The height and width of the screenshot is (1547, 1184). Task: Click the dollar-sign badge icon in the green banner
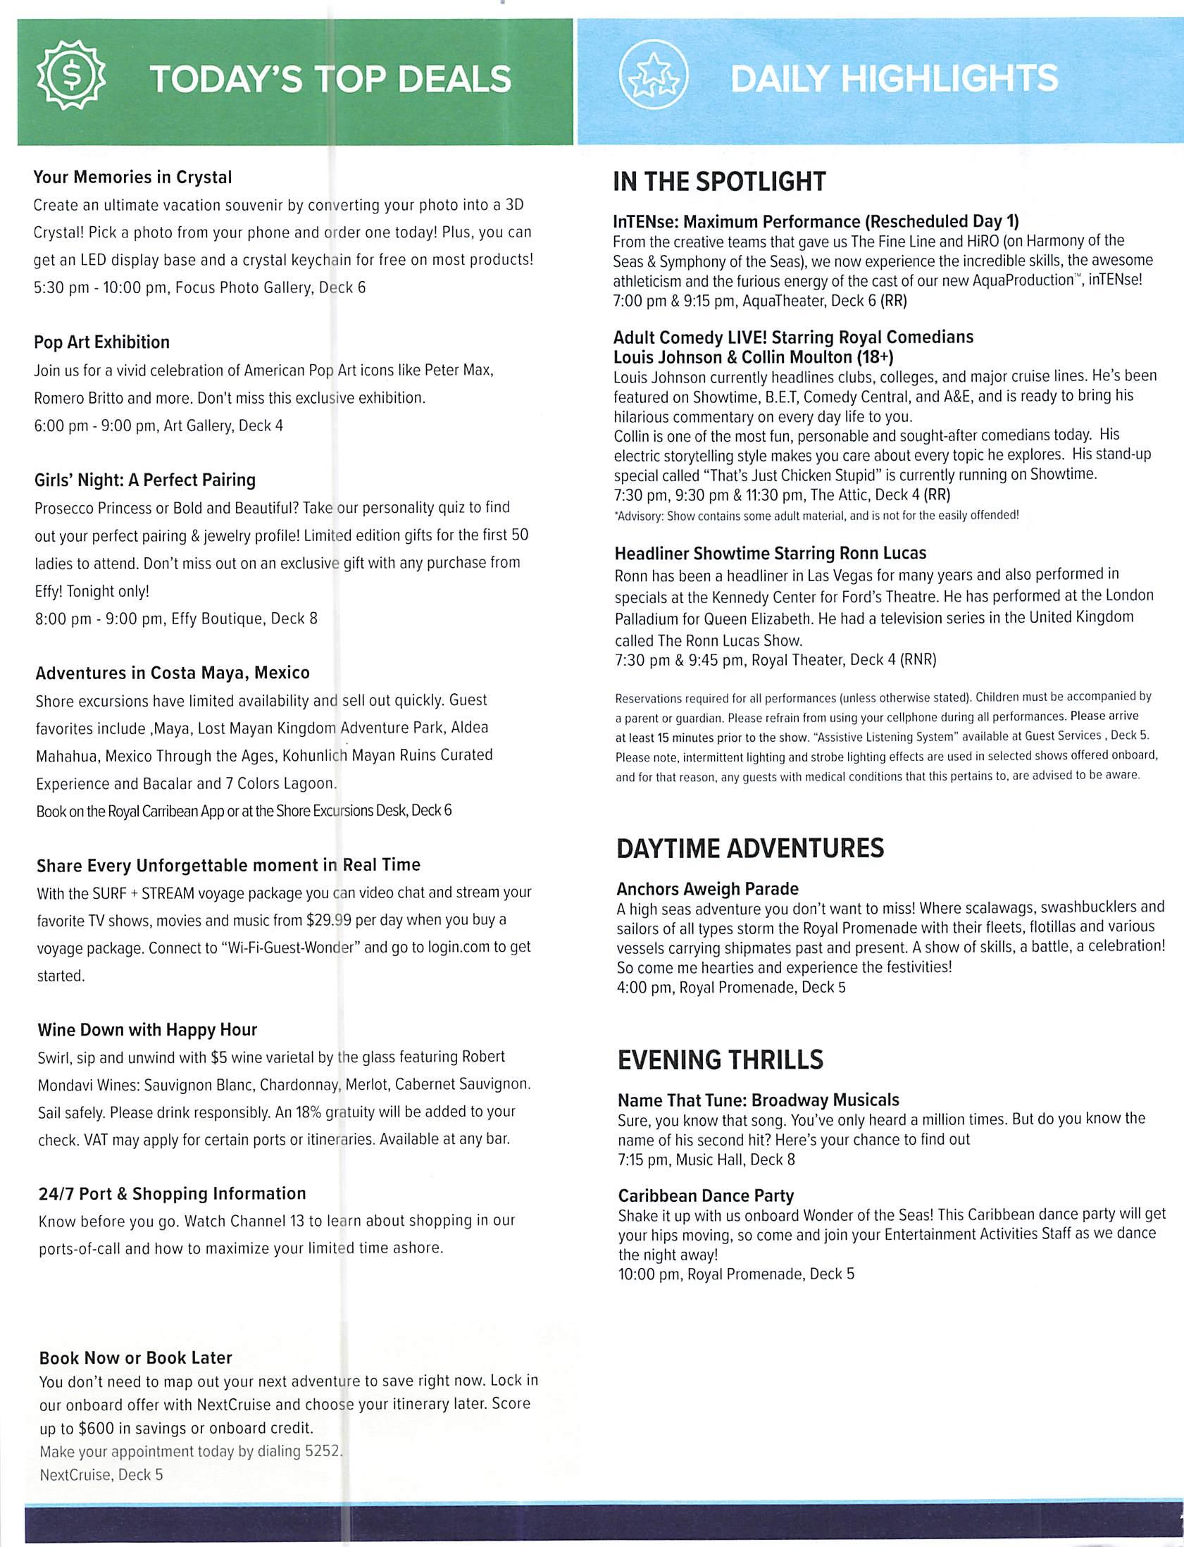70,77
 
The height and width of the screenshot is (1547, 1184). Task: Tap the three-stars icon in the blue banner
653,77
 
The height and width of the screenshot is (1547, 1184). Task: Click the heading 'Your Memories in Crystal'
132,177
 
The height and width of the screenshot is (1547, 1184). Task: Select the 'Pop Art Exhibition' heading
101,342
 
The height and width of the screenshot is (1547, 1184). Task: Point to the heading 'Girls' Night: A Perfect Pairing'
144,480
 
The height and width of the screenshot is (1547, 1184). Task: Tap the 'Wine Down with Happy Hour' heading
147,1030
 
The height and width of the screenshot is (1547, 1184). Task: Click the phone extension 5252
323,1451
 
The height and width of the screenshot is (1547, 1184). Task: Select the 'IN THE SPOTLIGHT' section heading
719,182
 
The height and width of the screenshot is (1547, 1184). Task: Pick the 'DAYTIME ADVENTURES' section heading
750,848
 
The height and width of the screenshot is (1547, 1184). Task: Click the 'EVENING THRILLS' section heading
721,1060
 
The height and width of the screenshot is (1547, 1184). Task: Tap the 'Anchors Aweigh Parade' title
708,889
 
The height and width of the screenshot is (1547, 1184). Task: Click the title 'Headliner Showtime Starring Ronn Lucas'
771,553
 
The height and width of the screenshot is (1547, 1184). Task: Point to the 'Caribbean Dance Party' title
706,1195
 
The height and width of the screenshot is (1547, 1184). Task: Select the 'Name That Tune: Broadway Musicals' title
759,1100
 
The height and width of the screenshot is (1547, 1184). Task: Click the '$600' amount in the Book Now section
94,1428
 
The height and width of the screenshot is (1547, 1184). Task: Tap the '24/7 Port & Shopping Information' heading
172,1193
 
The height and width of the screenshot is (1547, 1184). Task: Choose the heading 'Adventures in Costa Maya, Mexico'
173,673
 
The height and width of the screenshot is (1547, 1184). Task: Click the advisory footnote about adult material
817,515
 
